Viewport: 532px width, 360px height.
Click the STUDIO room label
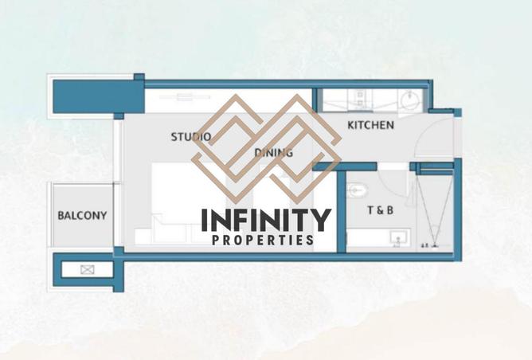pyautogui.click(x=190, y=137)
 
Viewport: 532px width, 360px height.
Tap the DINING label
pyautogui.click(x=273, y=153)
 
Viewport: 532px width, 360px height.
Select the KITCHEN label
pyautogui.click(x=370, y=125)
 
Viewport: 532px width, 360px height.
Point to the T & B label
pyautogui.click(x=381, y=210)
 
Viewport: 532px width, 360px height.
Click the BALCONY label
pyautogui.click(x=82, y=216)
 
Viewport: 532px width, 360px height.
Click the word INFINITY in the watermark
pyautogui.click(x=266, y=220)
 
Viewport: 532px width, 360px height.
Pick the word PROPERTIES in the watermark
pyautogui.click(x=263, y=241)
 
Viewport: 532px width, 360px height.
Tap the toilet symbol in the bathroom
pyautogui.click(x=356, y=190)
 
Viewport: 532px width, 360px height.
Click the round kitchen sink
pyautogui.click(x=409, y=100)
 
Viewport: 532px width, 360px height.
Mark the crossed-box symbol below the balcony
pyautogui.click(x=87, y=270)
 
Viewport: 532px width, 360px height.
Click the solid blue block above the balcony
pyautogui.click(x=99, y=96)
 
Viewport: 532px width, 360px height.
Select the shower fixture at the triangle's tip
pyautogui.click(x=435, y=245)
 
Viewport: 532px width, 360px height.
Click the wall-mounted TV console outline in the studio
pyautogui.click(x=185, y=97)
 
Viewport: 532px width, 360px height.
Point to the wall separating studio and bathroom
pyautogui.click(x=342, y=212)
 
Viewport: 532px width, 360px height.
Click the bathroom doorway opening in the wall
pyautogui.click(x=393, y=166)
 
